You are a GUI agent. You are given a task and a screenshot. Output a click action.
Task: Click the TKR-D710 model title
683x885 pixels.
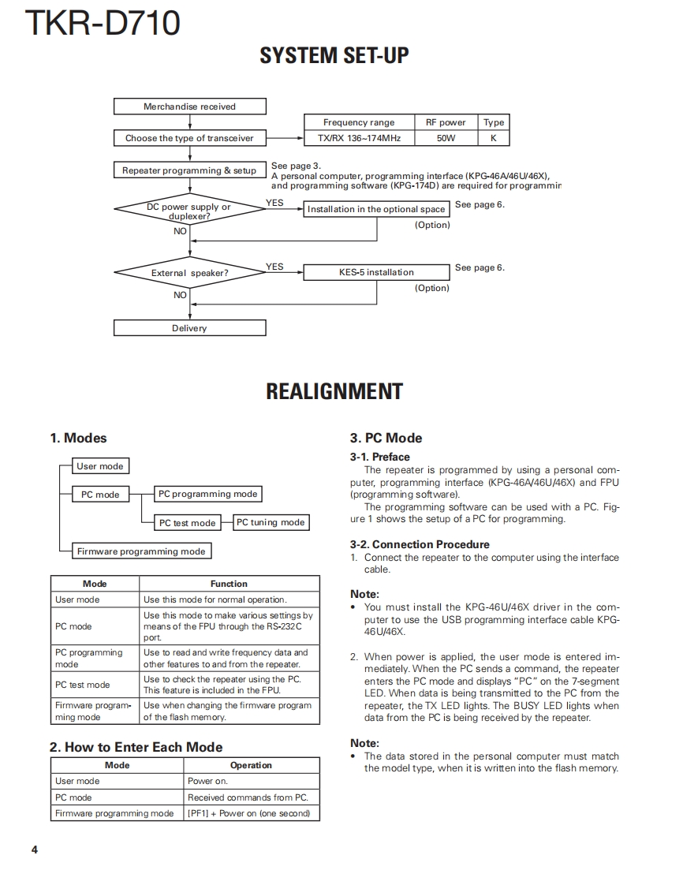tap(103, 24)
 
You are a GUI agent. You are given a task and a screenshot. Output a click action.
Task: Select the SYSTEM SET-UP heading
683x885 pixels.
tap(334, 56)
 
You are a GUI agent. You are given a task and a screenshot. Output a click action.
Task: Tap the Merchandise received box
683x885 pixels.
tap(189, 106)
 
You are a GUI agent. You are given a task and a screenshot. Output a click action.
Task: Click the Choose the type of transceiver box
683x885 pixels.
tap(189, 138)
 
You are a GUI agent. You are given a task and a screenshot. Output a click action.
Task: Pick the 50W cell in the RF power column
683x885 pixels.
tap(446, 138)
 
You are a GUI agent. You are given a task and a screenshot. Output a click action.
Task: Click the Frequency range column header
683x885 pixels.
tap(359, 122)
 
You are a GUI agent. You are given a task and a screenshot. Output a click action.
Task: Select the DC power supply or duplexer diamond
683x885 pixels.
tap(189, 211)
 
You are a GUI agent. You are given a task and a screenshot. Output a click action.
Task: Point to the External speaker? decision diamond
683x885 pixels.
tap(189, 273)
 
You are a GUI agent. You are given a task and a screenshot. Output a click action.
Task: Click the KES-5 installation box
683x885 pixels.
tap(376, 272)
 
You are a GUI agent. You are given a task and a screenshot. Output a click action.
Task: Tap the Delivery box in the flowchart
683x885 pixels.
tap(189, 328)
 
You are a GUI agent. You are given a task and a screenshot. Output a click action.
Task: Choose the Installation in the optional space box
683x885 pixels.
tap(376, 209)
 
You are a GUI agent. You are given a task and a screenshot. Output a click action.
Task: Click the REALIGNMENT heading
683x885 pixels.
tap(334, 392)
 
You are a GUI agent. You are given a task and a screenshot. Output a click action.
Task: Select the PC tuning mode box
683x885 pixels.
tap(271, 522)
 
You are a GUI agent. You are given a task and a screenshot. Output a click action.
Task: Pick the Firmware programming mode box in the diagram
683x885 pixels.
tap(141, 551)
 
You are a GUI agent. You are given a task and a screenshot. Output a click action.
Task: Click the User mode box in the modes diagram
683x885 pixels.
tap(99, 466)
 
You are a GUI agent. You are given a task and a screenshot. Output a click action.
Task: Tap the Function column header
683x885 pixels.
tap(229, 584)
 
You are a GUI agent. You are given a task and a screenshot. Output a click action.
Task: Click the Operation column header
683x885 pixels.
tap(251, 765)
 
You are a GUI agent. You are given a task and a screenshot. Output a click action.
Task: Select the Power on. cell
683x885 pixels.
tap(251, 781)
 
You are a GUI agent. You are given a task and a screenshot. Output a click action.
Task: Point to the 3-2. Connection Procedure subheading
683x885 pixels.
tap(420, 544)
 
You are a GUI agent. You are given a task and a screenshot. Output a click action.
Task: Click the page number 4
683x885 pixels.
tap(35, 850)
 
